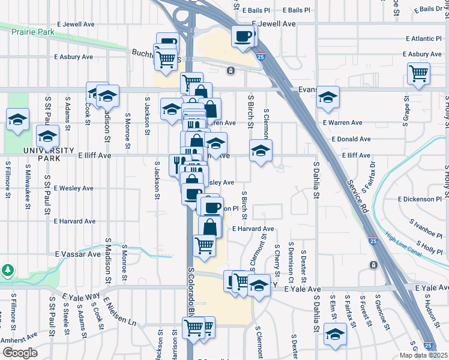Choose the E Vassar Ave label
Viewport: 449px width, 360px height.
(x=79, y=254)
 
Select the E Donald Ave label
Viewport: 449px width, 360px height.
(x=351, y=139)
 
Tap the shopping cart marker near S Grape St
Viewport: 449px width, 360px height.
(x=418, y=73)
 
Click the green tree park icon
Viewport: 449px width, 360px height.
(x=7, y=271)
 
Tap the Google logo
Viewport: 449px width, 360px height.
(x=19, y=353)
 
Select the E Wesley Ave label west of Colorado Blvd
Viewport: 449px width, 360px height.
(x=74, y=188)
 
